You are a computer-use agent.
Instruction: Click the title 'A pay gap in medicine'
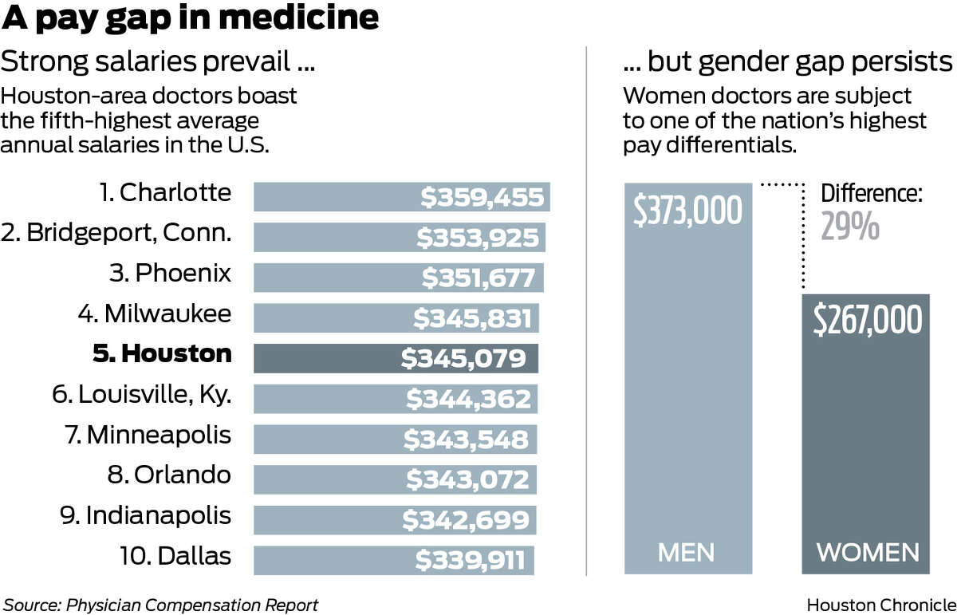190,18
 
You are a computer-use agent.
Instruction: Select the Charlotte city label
165,192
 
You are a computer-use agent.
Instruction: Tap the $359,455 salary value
482,198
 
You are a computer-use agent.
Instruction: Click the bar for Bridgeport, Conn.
400,237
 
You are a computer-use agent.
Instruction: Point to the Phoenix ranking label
170,273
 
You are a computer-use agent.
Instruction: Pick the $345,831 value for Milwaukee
472,318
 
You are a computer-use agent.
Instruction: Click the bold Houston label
163,353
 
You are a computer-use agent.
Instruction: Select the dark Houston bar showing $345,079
396,359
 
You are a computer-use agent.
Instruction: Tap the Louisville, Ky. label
142,394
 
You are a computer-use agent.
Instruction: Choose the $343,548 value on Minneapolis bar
466,440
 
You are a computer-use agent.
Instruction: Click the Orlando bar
396,479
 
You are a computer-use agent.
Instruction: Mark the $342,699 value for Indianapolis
466,520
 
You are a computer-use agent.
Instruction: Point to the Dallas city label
175,556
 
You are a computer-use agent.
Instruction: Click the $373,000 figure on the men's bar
687,210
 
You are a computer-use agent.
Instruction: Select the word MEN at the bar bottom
686,553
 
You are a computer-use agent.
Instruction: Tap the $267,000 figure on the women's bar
868,319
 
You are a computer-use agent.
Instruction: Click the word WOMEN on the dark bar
868,553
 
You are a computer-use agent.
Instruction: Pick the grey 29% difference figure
850,227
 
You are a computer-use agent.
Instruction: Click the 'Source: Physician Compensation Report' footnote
160,605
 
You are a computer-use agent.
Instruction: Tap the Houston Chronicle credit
881,605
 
